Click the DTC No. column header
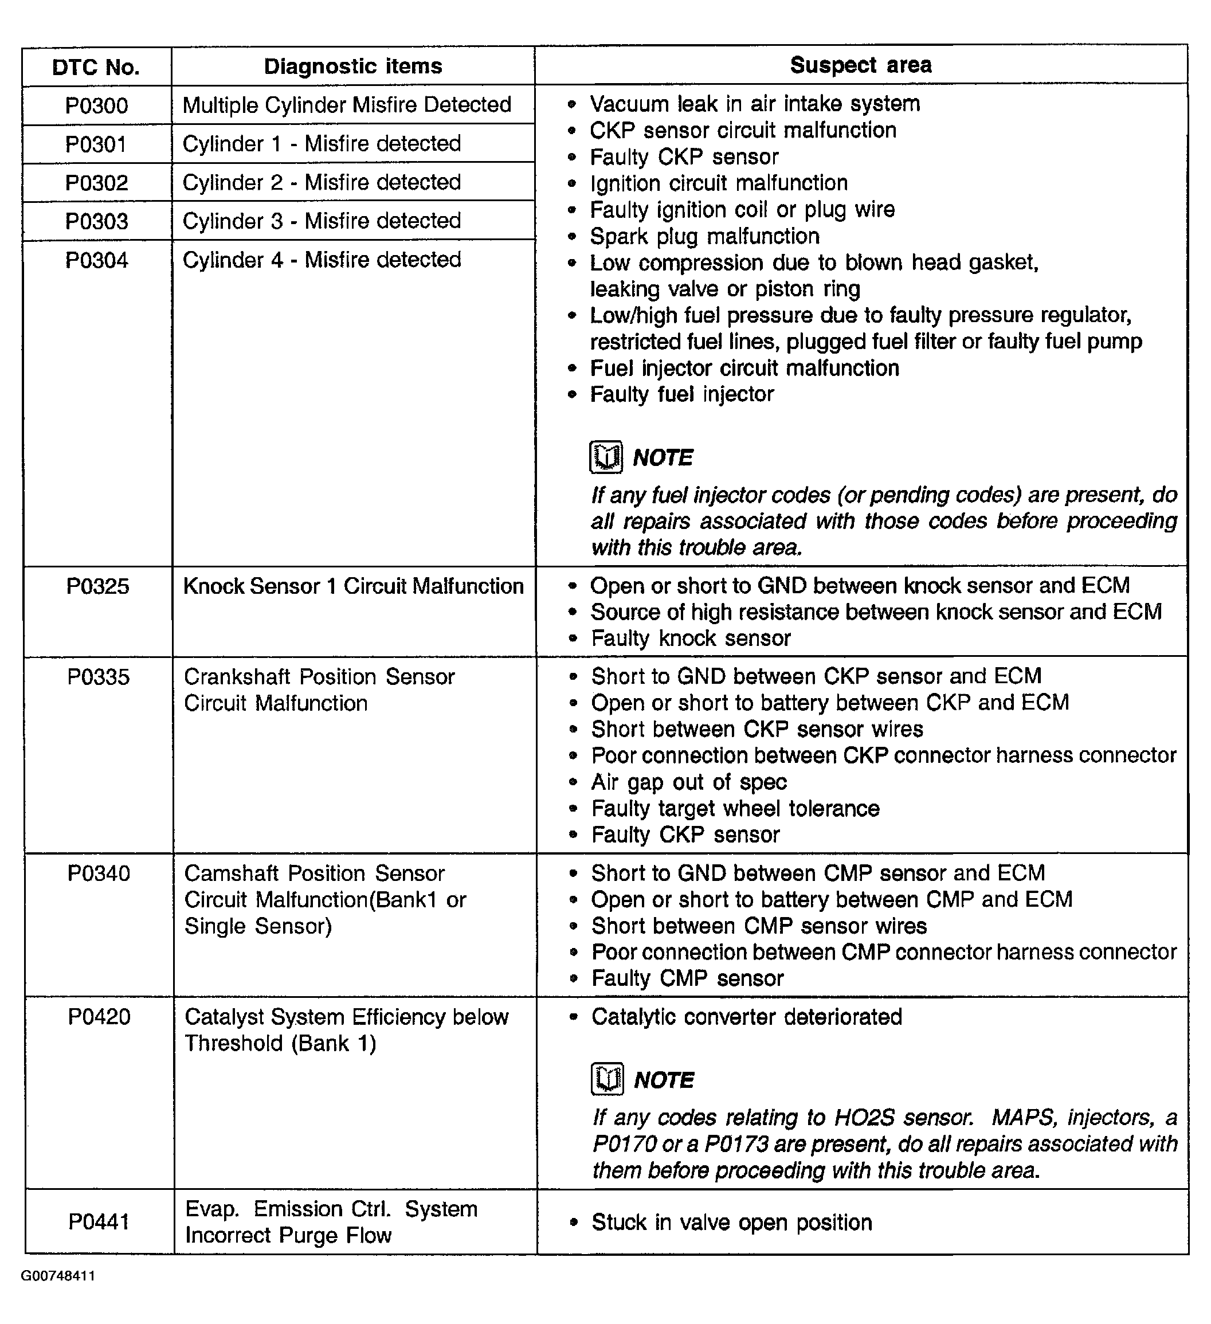tap(96, 67)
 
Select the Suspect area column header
tap(860, 65)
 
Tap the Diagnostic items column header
tap(352, 66)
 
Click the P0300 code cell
tap(96, 105)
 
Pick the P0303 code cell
tap(96, 221)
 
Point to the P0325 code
tap(98, 586)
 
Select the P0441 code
tap(99, 1221)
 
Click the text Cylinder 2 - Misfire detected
tap(322, 182)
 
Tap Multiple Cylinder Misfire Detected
tap(347, 104)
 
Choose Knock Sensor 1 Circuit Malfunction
tap(353, 586)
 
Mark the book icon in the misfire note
tap(605, 457)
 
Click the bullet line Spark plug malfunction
tap(704, 236)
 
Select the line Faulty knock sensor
tap(690, 639)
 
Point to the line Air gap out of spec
tap(688, 782)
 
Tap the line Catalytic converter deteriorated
tap(746, 1017)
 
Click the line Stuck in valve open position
tap(732, 1222)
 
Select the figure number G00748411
tap(58, 1276)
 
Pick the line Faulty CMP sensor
tap(687, 978)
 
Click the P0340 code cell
tap(99, 873)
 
